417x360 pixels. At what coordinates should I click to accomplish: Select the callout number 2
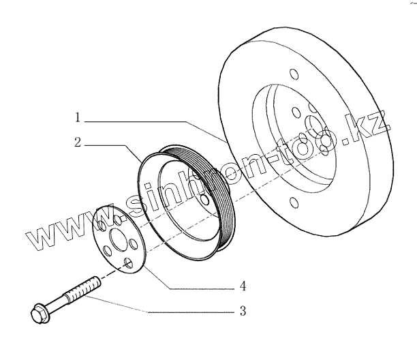point(78,143)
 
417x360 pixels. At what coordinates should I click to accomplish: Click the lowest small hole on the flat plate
point(129,262)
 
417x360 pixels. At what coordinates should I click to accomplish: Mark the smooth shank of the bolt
point(59,301)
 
